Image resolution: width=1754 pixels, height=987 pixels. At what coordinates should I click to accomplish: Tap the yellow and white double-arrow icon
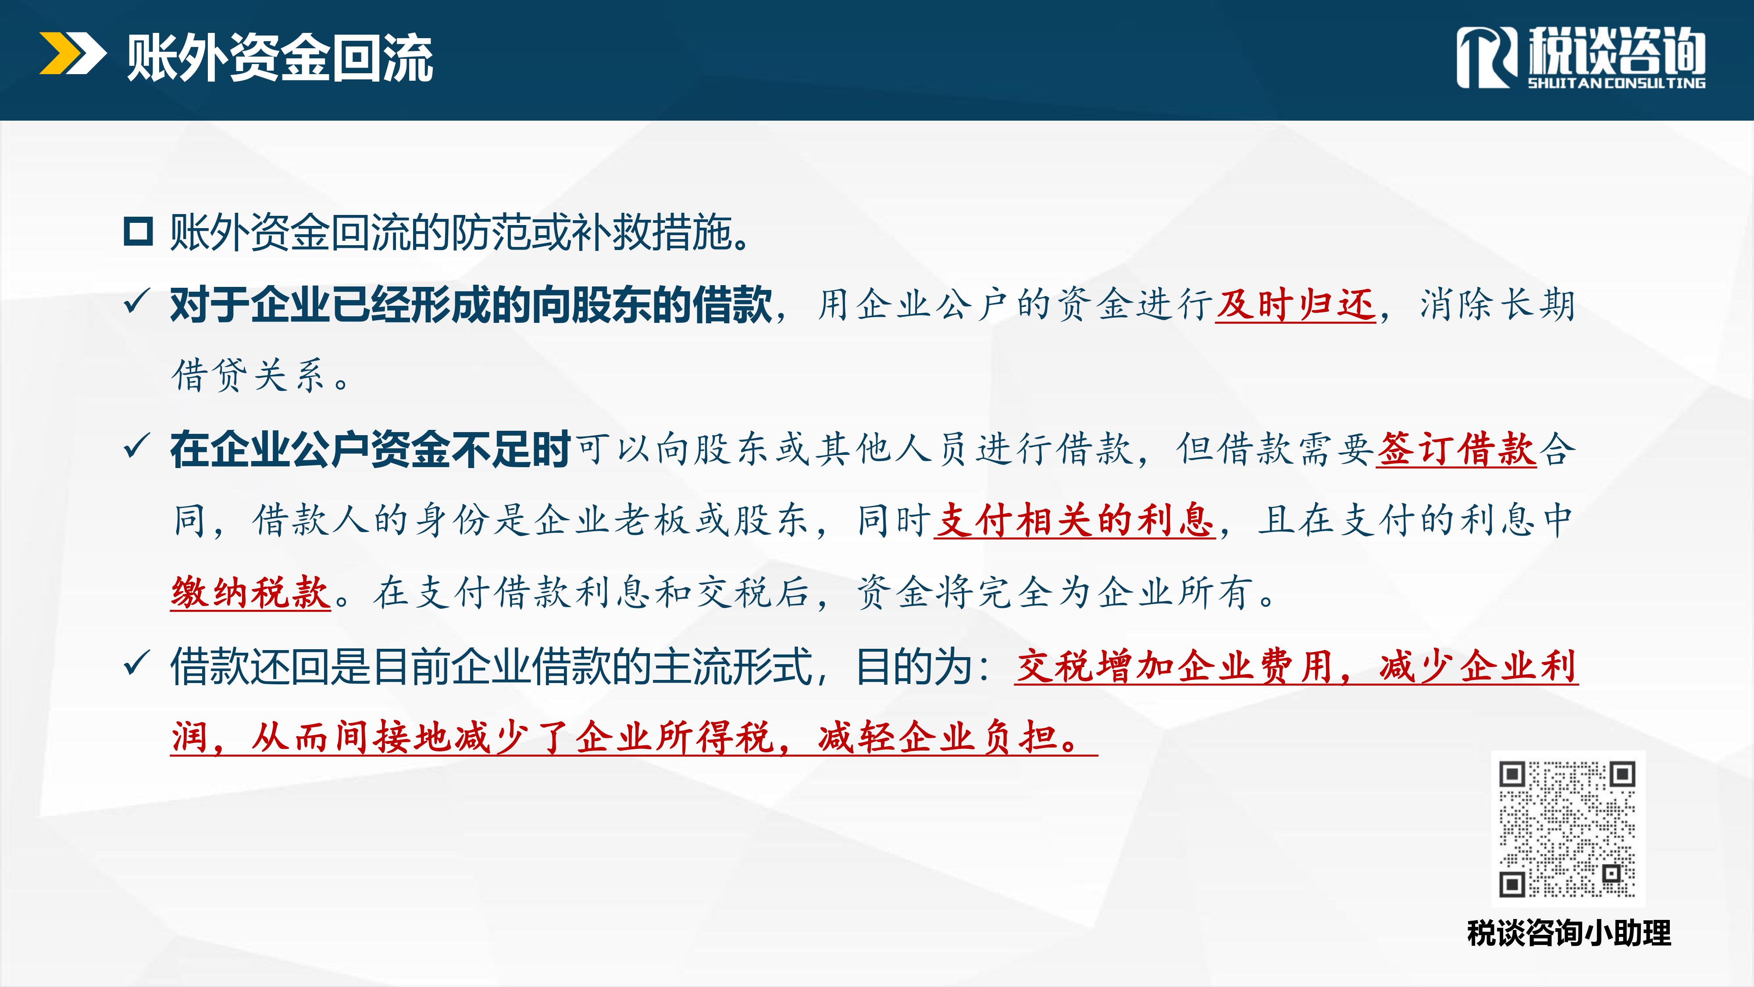(73, 53)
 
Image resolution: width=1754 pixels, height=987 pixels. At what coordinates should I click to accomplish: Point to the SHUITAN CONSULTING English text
(1616, 83)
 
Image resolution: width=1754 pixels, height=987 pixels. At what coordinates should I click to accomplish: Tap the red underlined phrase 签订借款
(1456, 449)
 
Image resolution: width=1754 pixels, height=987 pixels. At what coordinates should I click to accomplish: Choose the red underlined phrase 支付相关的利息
(1074, 520)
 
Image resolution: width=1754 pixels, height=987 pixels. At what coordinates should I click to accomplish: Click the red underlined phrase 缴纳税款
(250, 592)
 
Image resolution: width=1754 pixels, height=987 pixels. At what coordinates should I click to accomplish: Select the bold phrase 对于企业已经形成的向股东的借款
(471, 304)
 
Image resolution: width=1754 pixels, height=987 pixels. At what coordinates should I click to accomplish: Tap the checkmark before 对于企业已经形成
(136, 302)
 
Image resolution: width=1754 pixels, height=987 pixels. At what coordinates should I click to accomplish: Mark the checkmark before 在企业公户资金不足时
(136, 447)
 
